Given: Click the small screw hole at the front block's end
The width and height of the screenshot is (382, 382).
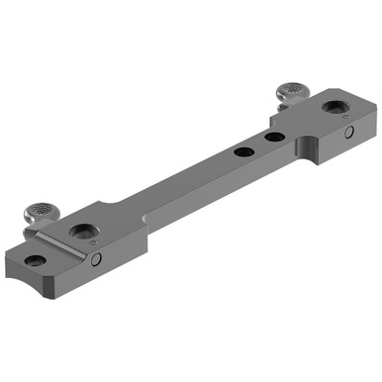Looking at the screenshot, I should click(x=36, y=260).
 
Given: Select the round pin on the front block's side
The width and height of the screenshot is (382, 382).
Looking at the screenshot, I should click(x=97, y=260).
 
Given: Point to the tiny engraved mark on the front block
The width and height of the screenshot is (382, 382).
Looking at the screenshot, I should click(x=93, y=240).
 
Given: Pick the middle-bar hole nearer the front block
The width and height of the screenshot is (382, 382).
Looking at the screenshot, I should click(x=239, y=152).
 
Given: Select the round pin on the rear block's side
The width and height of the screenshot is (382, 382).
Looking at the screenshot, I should click(x=348, y=132).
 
